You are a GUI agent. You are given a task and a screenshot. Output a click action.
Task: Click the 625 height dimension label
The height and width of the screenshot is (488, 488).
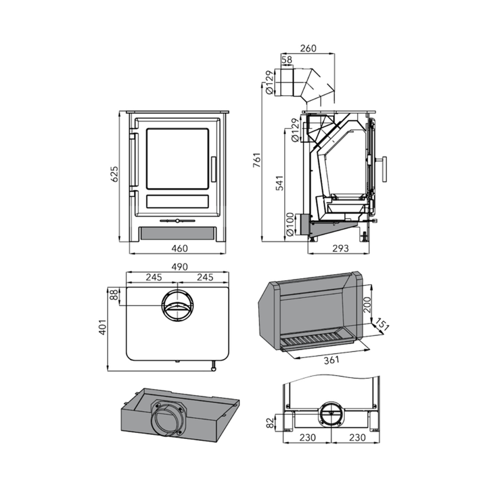pos(114,174)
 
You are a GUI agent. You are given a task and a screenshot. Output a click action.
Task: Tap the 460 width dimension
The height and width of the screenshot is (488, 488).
pos(180,249)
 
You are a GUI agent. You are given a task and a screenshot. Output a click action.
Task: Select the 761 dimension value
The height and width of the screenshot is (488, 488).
pos(257,160)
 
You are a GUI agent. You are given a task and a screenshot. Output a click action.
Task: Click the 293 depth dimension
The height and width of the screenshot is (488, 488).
pos(340,249)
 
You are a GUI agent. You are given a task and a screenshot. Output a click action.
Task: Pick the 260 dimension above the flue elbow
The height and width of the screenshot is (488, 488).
pos(308,48)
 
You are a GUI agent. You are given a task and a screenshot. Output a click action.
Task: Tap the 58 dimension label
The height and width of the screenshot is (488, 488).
pos(287,60)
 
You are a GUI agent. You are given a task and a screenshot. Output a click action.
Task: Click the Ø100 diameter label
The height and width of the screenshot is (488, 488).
pos(291,224)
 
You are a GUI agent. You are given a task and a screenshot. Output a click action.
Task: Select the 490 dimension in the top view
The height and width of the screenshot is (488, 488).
pos(180,267)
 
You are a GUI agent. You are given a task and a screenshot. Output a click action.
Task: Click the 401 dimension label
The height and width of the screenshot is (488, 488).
pos(102,327)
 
